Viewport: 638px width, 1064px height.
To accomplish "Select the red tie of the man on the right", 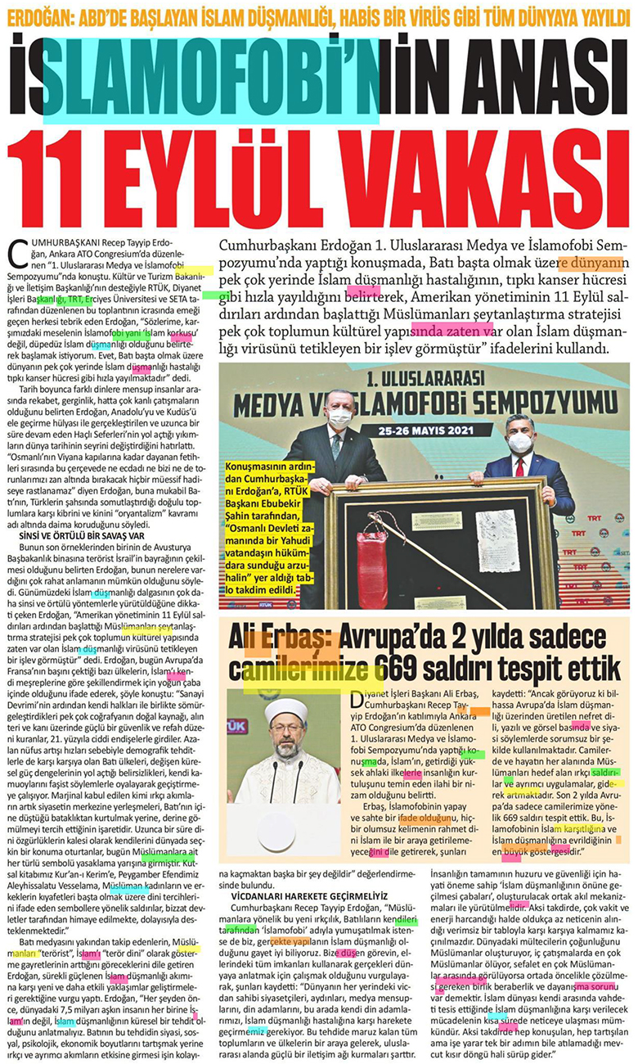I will pos(519,467).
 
